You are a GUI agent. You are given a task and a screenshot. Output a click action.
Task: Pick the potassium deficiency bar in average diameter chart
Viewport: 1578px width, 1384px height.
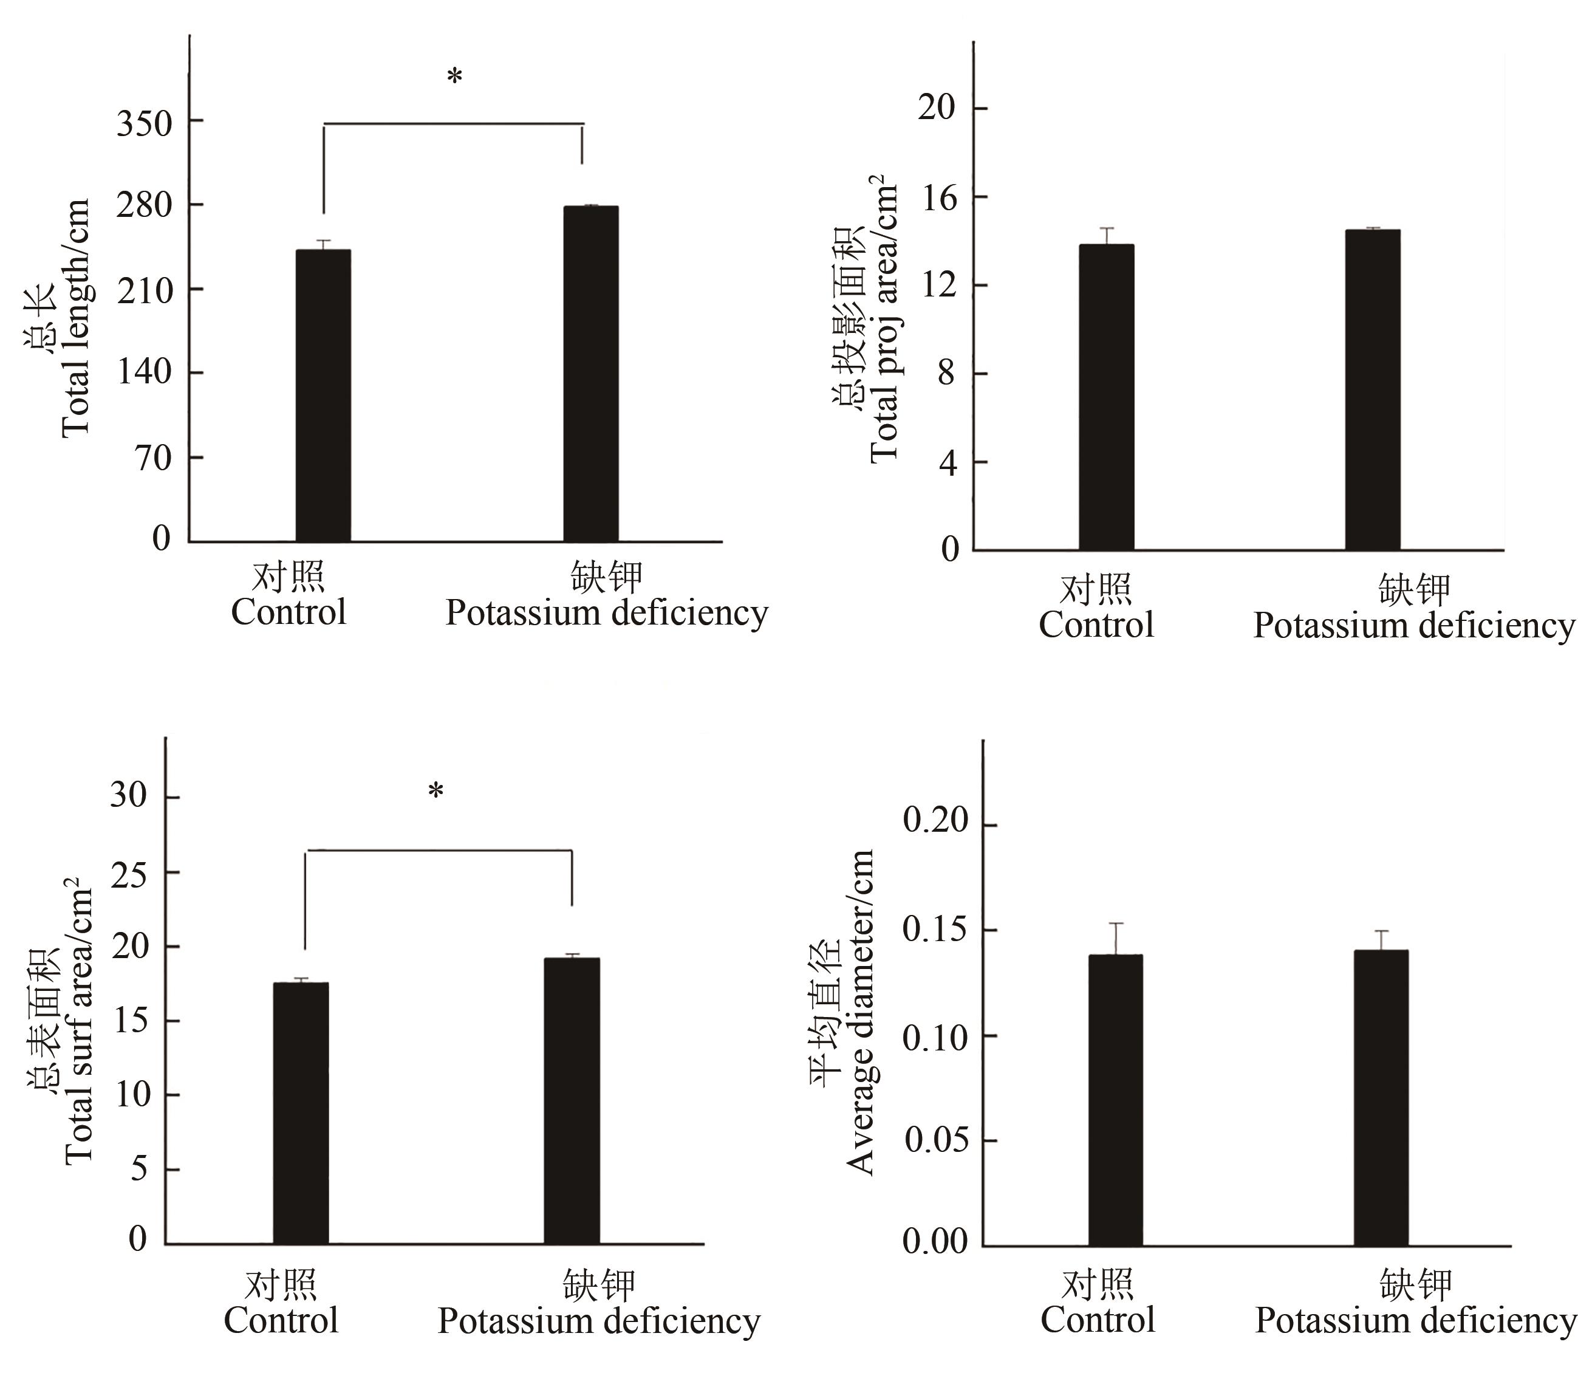[1381, 1097]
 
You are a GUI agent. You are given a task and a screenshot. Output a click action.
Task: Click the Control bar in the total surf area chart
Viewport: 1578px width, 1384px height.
[301, 1113]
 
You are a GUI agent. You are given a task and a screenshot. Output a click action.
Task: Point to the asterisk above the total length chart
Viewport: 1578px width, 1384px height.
[455, 77]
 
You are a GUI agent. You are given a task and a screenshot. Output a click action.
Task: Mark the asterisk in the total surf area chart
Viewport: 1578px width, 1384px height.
[436, 792]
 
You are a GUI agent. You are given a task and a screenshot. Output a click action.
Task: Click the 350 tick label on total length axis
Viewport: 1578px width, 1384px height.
[145, 123]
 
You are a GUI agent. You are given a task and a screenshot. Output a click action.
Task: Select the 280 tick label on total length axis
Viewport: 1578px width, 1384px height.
[145, 206]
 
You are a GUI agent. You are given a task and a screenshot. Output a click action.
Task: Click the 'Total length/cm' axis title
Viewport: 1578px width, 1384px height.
[76, 317]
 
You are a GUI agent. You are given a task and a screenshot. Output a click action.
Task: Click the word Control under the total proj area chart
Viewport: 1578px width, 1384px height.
[1096, 625]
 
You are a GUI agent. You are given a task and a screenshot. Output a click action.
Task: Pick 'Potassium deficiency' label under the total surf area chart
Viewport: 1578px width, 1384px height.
[599, 1321]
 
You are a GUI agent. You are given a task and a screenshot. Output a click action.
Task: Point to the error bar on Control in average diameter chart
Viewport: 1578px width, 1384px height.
[1116, 939]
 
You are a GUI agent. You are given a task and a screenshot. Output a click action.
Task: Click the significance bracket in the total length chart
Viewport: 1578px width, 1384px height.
[453, 123]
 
